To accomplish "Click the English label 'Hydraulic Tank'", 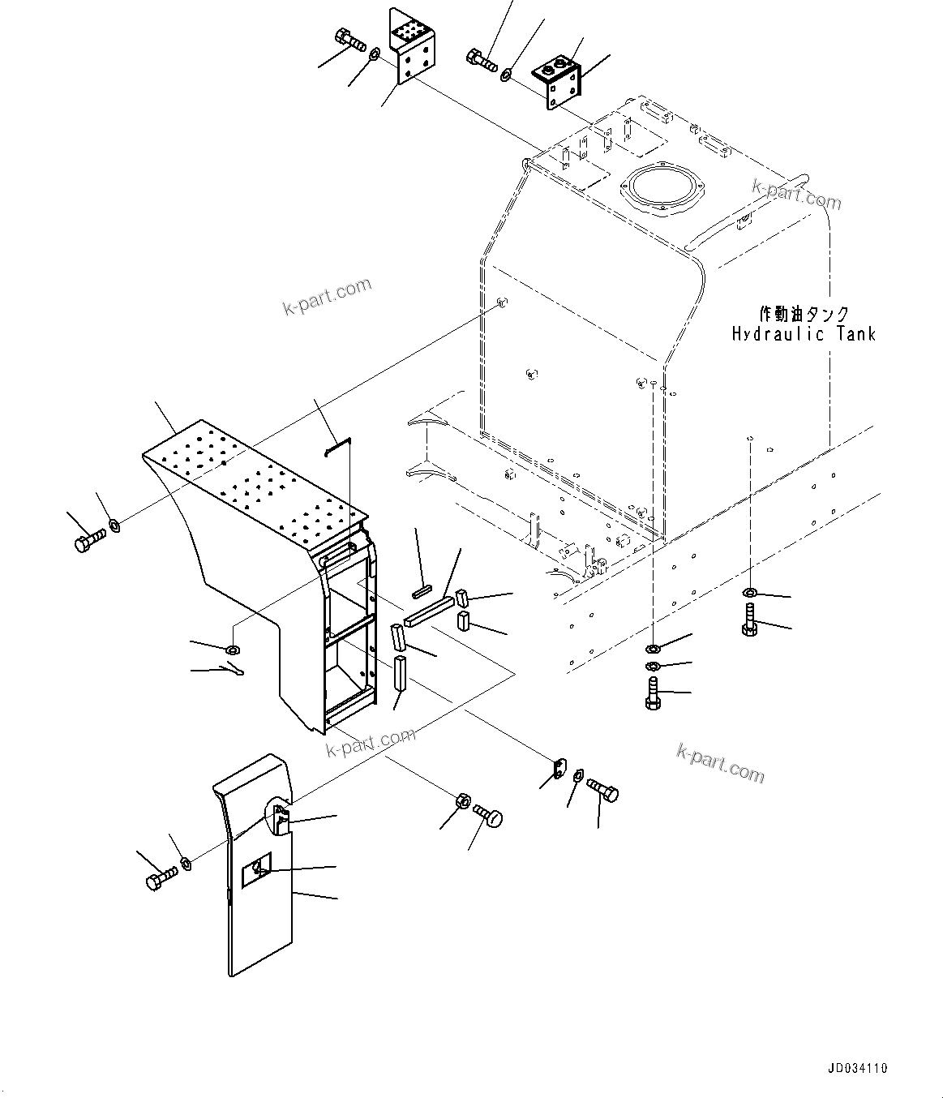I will click(803, 334).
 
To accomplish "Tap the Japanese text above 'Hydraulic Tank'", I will click(803, 314).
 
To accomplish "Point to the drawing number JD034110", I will click(857, 1068).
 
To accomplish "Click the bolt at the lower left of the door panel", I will click(160, 879).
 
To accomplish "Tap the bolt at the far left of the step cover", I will click(88, 541).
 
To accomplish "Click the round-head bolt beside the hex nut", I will click(488, 815).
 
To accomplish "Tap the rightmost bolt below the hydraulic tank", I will click(750, 620).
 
